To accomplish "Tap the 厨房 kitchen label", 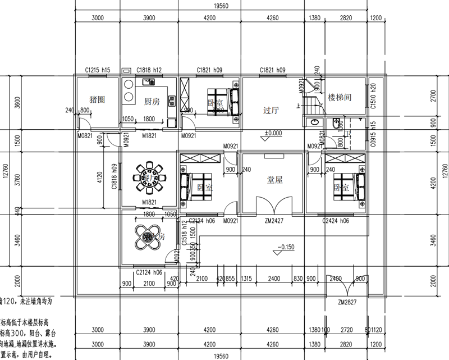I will point(152,102).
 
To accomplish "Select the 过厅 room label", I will point(272,111).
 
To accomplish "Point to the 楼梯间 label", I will point(340,97).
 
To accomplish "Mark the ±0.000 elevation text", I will point(273,134).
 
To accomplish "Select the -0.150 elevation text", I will point(287,246).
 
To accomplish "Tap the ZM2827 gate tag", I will point(349,302).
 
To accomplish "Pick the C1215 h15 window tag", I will point(98,70).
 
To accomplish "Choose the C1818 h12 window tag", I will point(149,70).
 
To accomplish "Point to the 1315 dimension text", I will point(245,278).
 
